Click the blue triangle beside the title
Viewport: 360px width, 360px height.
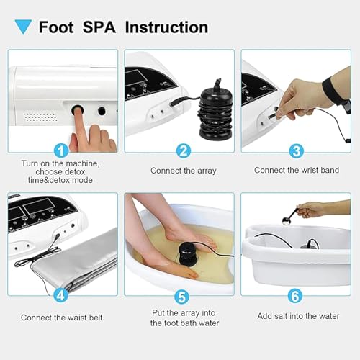click(23, 26)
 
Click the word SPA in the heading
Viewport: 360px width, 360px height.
click(99, 27)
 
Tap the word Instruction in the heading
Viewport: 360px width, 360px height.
click(166, 27)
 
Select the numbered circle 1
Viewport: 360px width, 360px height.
click(61, 150)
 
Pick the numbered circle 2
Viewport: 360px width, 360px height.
click(184, 150)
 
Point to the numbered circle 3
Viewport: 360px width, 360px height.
click(297, 150)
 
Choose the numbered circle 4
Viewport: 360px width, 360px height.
click(60, 295)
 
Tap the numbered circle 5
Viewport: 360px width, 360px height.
click(182, 297)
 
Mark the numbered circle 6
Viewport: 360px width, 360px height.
click(295, 296)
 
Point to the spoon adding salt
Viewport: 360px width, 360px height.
click(292, 216)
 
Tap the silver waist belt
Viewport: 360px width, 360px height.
click(77, 261)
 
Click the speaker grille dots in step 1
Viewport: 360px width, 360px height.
click(40, 117)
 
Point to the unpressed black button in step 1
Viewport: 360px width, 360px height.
click(102, 111)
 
